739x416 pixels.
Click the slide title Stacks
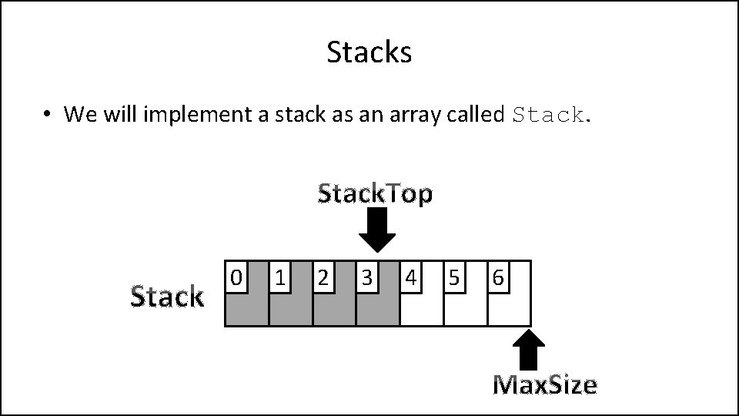tap(369, 52)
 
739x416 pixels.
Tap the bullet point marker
tap(47, 115)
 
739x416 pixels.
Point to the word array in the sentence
tap(410, 116)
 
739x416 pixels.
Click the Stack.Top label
tap(376, 193)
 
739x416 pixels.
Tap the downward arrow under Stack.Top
tap(377, 230)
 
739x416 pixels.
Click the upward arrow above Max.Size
tap(528, 351)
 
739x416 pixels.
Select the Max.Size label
tap(545, 384)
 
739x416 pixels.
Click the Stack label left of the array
tap(167, 296)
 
